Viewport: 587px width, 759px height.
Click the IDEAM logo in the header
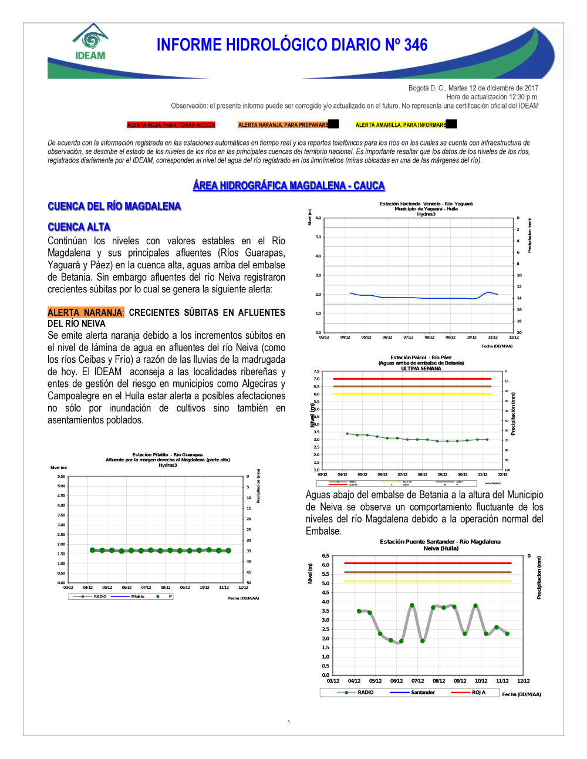coord(90,42)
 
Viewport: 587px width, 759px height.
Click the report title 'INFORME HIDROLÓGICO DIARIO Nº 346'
coord(292,45)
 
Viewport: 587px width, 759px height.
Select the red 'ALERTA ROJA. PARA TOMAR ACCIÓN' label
coord(171,125)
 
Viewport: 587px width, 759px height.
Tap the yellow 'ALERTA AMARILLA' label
coord(401,125)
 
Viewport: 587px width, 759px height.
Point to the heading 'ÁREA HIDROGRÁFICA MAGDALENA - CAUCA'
coord(289,185)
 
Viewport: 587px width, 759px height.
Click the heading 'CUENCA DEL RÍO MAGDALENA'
coord(114,206)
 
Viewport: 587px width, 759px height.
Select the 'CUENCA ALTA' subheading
coord(79,227)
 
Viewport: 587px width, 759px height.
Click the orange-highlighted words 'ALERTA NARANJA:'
coord(86,313)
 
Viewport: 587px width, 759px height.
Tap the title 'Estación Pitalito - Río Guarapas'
coord(167,455)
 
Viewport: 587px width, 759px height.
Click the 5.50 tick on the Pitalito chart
coord(61,477)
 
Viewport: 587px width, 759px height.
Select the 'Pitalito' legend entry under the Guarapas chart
coord(138,596)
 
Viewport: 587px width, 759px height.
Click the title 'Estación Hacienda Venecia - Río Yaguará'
coord(426,204)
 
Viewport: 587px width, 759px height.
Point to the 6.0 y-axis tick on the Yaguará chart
coord(318,218)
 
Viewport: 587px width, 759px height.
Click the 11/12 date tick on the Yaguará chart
coord(492,338)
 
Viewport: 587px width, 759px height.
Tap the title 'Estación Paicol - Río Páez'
coord(421,357)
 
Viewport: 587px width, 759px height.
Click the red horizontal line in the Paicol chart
coord(411,379)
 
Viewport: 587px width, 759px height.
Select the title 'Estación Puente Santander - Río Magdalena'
coord(440,542)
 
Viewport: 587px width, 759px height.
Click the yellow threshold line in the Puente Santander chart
coord(427,581)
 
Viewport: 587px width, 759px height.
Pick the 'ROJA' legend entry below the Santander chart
coord(478,693)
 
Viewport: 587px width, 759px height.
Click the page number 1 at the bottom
coord(289,723)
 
